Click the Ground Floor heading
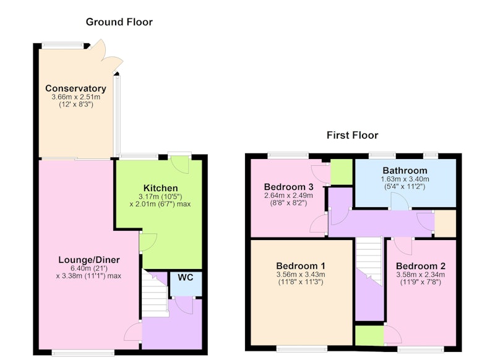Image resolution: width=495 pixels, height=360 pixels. click(119, 22)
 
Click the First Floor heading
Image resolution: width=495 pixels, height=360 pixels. click(352, 135)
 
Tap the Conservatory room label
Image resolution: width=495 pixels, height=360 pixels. click(75, 88)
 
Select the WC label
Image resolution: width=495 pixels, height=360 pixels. click(185, 278)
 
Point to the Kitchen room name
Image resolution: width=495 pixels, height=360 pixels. click(160, 188)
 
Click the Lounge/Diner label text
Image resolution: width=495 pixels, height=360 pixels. click(89, 260)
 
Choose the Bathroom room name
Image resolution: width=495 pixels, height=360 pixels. click(405, 171)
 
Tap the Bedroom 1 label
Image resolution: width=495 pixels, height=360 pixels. click(301, 266)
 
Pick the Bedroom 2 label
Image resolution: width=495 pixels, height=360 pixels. click(421, 266)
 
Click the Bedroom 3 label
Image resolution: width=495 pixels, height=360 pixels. click(288, 187)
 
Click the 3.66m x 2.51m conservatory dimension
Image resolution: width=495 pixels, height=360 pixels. click(75, 97)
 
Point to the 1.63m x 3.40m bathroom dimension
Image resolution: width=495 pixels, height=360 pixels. click(405, 179)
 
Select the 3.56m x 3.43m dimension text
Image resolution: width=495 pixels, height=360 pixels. click(301, 275)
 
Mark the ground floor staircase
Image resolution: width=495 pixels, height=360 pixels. click(154, 293)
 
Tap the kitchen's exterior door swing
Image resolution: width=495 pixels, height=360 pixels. click(180, 165)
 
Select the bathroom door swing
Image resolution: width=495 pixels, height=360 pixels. click(400, 201)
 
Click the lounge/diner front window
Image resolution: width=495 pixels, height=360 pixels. click(83, 352)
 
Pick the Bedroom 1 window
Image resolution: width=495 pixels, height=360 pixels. click(302, 348)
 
